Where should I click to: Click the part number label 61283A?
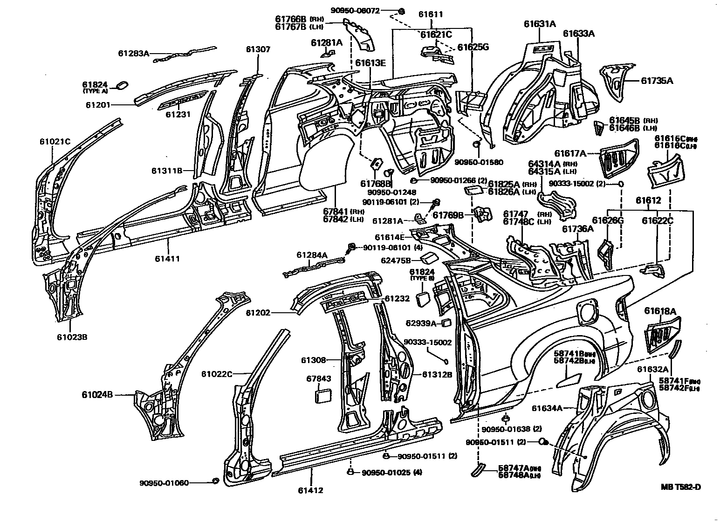tap(133, 54)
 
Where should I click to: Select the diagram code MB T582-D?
tap(681, 488)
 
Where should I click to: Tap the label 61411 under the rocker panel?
tap(168, 259)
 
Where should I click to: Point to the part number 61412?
tap(311, 490)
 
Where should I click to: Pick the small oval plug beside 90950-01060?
tap(215, 481)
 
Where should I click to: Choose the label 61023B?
tap(72, 337)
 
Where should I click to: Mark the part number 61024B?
tap(98, 395)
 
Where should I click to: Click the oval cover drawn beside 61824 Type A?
tap(122, 85)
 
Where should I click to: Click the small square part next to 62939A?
tap(446, 322)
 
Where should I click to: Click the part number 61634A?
tap(548, 408)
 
